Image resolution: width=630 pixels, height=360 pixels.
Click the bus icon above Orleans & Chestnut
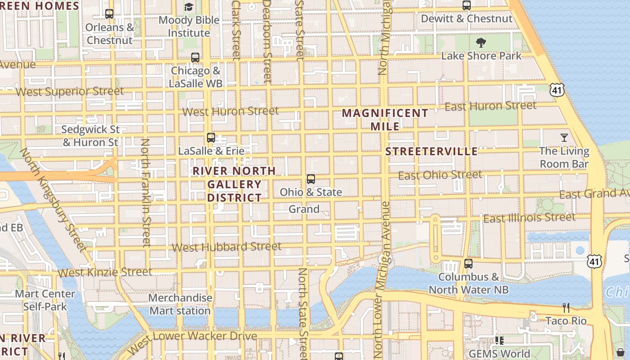pos(109,14)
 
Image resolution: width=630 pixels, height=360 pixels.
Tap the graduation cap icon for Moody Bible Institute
pos(189,7)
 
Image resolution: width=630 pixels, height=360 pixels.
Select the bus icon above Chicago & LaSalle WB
pos(195,58)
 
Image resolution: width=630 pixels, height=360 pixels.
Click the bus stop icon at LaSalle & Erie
pos(211,138)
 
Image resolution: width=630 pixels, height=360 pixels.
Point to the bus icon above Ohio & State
pos(310,179)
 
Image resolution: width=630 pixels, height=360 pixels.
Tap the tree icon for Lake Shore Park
pos(481,43)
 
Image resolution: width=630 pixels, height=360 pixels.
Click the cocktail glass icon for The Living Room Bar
pos(564,138)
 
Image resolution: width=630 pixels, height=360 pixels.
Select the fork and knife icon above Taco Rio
pos(566,308)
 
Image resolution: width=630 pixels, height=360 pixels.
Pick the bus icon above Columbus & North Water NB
pos(468,264)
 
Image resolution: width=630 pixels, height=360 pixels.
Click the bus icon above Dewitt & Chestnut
pos(467,5)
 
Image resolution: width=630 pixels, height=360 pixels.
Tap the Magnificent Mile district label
pos(385,120)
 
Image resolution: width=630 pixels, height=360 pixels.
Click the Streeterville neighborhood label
pos(432,151)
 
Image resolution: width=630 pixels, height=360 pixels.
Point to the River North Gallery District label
pos(234,184)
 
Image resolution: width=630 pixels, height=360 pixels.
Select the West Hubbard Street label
pos(227,247)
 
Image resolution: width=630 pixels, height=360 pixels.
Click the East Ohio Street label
pos(440,175)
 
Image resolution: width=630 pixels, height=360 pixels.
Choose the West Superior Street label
pos(70,92)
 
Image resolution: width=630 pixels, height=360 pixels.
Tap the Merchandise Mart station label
pos(180,304)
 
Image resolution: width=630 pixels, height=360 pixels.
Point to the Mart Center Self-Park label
pos(45,300)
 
